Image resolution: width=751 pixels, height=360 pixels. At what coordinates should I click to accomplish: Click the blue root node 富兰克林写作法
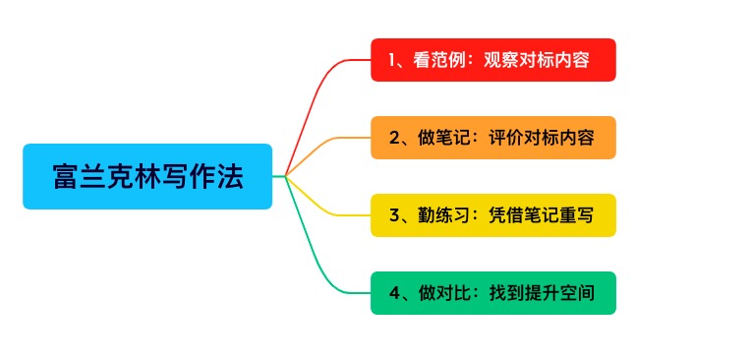pyautogui.click(x=147, y=176)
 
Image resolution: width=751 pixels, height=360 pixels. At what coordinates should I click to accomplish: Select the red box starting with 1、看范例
pyautogui.click(x=492, y=60)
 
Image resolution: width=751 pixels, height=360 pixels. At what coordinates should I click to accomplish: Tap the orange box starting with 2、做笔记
pyautogui.click(x=492, y=138)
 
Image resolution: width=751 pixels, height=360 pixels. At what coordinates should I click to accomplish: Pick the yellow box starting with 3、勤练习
pyautogui.click(x=492, y=215)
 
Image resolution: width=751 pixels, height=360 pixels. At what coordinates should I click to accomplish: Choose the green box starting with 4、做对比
pyautogui.click(x=492, y=293)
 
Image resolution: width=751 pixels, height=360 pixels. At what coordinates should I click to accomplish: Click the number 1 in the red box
pyautogui.click(x=393, y=60)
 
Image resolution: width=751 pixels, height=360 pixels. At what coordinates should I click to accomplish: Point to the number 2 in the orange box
pyautogui.click(x=394, y=138)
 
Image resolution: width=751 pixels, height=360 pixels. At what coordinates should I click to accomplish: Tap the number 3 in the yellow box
pyautogui.click(x=394, y=215)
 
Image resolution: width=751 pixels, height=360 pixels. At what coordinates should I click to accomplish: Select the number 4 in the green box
pyautogui.click(x=394, y=293)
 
